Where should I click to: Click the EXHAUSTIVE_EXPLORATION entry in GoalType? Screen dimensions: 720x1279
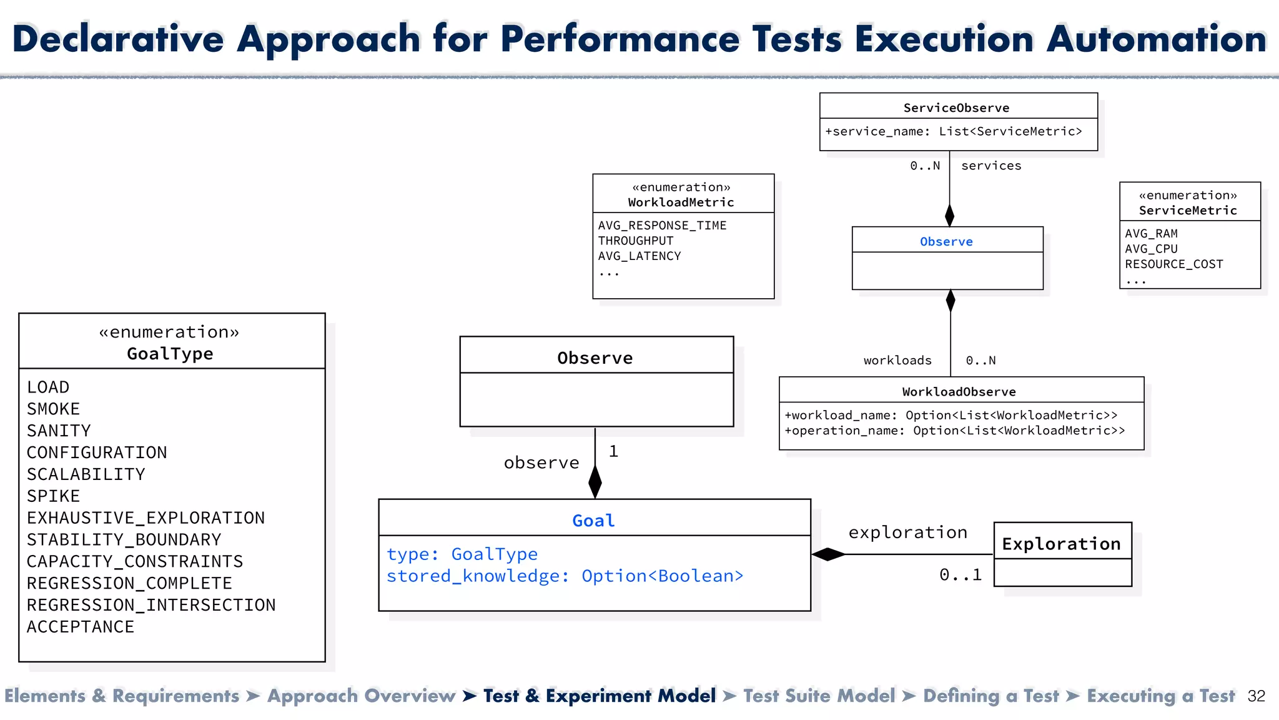146,518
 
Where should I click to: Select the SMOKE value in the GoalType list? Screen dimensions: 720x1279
53,409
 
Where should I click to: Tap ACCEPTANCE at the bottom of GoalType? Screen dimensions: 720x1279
80,627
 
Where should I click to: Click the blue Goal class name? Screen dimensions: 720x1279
593,521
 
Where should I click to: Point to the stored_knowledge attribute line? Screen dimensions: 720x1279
565,576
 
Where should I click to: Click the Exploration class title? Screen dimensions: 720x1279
1061,544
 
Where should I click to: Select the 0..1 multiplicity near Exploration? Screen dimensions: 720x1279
960,575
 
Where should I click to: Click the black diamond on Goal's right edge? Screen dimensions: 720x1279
828,554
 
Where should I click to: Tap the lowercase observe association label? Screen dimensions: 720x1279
541,463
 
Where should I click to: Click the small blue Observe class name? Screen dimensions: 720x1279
946,242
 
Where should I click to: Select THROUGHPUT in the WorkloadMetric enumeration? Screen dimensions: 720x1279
635,241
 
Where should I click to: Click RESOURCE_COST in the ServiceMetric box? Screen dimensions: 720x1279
1173,264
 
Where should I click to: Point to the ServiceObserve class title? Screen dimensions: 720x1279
956,108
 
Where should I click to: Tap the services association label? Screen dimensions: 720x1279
991,166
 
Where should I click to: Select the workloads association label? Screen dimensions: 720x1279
897,361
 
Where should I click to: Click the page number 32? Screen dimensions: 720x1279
1256,696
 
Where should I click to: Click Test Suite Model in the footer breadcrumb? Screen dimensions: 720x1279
819,696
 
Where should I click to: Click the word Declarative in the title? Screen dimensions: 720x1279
118,39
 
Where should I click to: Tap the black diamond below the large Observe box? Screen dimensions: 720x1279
595,482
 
